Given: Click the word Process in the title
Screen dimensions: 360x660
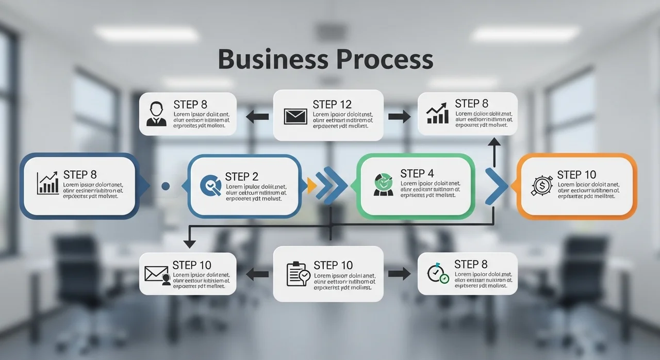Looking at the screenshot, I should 385,59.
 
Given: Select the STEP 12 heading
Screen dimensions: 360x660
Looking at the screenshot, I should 332,104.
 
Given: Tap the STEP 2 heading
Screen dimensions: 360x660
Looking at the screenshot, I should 241,176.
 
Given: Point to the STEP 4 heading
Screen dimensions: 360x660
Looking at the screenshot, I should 417,173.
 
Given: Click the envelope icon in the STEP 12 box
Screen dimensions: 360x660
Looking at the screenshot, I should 295,116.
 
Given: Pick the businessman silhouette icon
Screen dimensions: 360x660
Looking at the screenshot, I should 156,114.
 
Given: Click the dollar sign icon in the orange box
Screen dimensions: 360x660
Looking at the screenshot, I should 541,186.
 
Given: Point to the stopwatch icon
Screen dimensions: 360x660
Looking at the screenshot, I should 437,273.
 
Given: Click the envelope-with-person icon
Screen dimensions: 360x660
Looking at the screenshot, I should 158,274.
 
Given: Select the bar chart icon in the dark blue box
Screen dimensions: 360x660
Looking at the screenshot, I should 48,184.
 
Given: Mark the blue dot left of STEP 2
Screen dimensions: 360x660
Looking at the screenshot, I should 165,186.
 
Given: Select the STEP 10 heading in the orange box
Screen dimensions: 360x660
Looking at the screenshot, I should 576,174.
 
